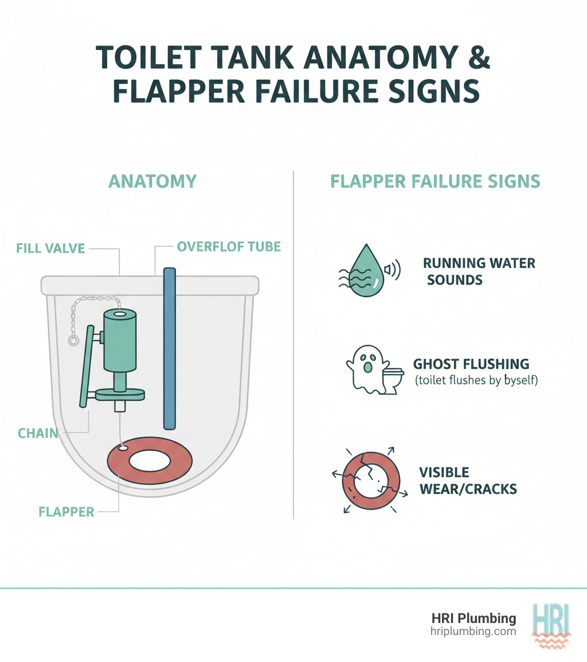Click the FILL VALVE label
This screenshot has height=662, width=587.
[50, 248]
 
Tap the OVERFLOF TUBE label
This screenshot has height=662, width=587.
[229, 247]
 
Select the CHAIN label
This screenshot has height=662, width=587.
[39, 433]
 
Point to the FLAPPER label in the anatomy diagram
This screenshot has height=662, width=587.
[66, 511]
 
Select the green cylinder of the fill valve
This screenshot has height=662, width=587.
[120, 341]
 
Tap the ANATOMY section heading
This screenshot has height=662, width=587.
[152, 181]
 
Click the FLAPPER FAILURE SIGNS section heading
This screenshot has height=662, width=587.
[435, 181]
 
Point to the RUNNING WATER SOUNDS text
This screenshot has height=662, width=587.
[479, 271]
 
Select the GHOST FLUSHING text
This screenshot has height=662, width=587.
[471, 364]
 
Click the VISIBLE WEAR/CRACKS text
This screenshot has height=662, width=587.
[468, 481]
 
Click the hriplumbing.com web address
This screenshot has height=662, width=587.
[473, 631]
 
